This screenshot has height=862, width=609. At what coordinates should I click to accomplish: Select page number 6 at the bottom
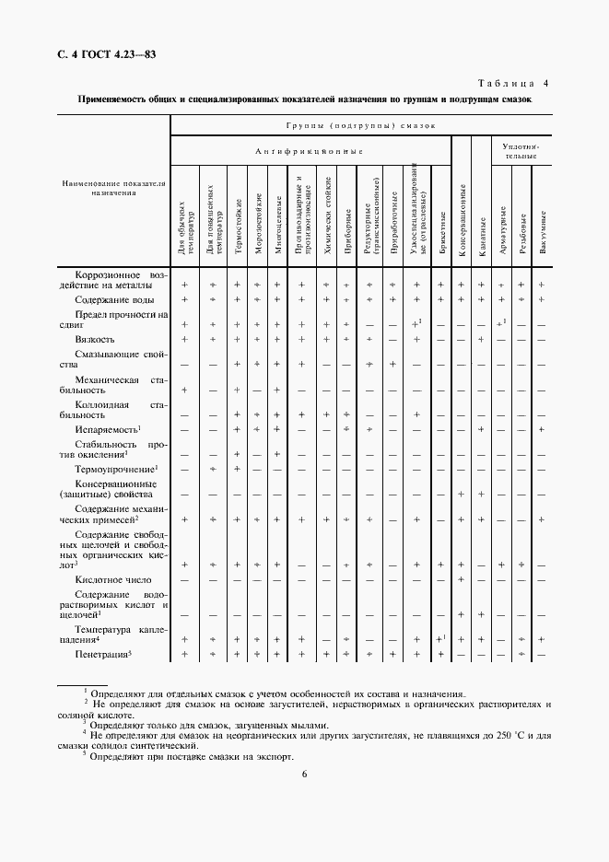coord(304,774)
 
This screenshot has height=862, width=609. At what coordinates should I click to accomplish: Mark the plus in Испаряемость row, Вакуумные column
coord(542,430)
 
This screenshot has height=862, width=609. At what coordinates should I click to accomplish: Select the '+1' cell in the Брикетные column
coord(441,638)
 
